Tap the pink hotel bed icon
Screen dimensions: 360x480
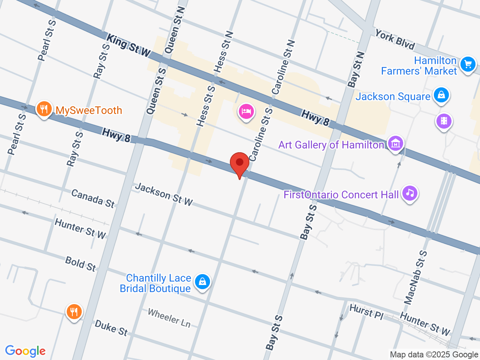(x=246, y=111)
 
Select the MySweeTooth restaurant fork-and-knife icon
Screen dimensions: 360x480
(x=44, y=109)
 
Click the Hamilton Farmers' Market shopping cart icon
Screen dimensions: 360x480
(x=468, y=64)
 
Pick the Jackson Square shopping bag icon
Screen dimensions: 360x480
(x=441, y=95)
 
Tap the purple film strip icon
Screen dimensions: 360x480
(x=444, y=121)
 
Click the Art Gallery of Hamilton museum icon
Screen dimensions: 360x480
(x=396, y=143)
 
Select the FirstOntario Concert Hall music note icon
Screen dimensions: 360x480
(x=410, y=193)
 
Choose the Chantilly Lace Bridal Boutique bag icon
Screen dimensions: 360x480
(x=202, y=281)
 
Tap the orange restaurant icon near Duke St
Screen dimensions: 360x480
(x=74, y=312)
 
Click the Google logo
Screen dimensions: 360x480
(x=25, y=351)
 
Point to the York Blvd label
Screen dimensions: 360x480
(x=395, y=40)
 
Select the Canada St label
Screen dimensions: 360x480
(x=93, y=198)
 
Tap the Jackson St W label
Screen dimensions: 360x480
(x=164, y=194)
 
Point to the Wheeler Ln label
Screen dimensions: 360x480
(x=169, y=318)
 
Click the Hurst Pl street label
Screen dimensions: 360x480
(x=366, y=312)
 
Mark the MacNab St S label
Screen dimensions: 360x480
(x=415, y=277)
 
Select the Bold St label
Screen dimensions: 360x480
(x=81, y=264)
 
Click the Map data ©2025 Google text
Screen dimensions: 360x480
(x=434, y=354)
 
